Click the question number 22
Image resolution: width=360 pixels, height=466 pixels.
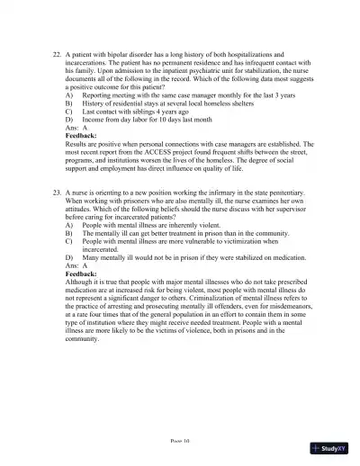point(57,55)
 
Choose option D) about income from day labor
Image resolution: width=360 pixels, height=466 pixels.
point(69,118)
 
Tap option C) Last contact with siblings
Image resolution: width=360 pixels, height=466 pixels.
point(69,110)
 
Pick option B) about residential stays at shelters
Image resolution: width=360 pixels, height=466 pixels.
point(69,102)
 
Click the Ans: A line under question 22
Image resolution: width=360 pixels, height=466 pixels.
point(76,127)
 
